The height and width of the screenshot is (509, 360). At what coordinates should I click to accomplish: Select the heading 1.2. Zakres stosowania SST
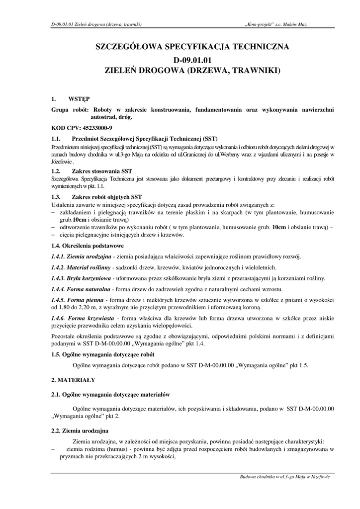coord(92,170)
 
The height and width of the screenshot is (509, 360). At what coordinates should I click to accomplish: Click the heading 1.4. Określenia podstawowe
coord(88,246)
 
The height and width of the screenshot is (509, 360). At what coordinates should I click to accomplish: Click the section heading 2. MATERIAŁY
coord(73,380)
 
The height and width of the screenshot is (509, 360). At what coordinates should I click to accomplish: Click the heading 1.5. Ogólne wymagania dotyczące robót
coord(103,354)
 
